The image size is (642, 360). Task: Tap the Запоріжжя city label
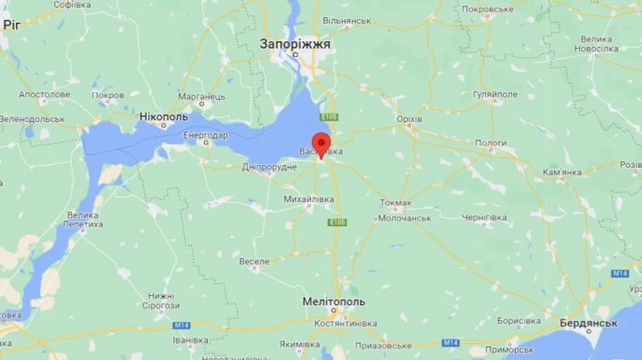coord(295,44)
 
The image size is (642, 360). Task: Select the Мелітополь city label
coord(333,302)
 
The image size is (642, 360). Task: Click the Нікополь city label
coord(163,116)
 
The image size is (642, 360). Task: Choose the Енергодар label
coord(205,135)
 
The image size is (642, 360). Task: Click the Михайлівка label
coord(308,200)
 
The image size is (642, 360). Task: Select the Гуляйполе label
coord(494,95)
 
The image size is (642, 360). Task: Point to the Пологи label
coord(491,143)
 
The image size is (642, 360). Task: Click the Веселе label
coord(254,262)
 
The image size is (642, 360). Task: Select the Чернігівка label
coord(484,217)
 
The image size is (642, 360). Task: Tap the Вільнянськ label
coord(347,21)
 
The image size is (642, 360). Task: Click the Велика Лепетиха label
coord(83,220)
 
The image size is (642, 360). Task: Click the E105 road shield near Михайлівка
coord(337,223)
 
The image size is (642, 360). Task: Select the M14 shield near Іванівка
coord(181,325)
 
